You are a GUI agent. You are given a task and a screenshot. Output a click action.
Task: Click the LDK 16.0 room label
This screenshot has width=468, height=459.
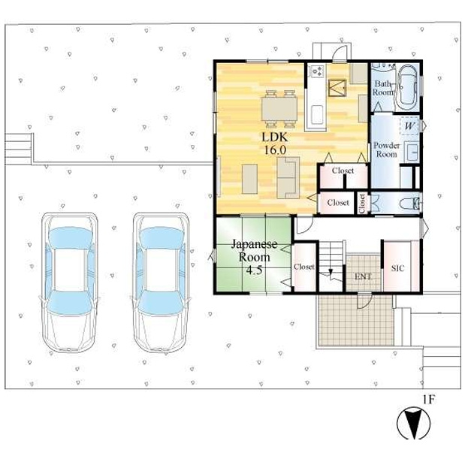coord(275,143)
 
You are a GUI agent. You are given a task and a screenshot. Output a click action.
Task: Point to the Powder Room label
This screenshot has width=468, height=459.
coord(386,149)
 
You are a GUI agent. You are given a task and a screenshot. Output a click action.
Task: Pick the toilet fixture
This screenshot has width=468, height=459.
coord(409,203)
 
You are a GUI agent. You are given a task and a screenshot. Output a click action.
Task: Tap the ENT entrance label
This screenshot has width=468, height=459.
coord(363,276)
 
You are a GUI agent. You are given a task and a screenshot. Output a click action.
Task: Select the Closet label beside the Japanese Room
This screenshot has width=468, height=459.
coord(304,267)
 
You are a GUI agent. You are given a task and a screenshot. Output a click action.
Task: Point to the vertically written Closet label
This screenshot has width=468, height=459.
coord(362,204)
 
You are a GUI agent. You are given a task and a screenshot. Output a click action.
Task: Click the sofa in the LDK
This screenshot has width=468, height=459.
coord(288,178)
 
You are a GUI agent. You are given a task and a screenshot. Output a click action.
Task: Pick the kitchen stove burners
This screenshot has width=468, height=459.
coord(316,73)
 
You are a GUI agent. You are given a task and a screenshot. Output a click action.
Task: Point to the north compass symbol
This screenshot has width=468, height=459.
coord(412,424)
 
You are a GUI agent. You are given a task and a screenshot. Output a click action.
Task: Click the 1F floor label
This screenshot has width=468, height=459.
coord(428,400)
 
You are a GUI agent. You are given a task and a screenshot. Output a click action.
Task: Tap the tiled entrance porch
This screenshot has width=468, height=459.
coord(354,320)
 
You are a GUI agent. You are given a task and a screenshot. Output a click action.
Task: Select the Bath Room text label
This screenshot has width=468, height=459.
coord(383,87)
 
